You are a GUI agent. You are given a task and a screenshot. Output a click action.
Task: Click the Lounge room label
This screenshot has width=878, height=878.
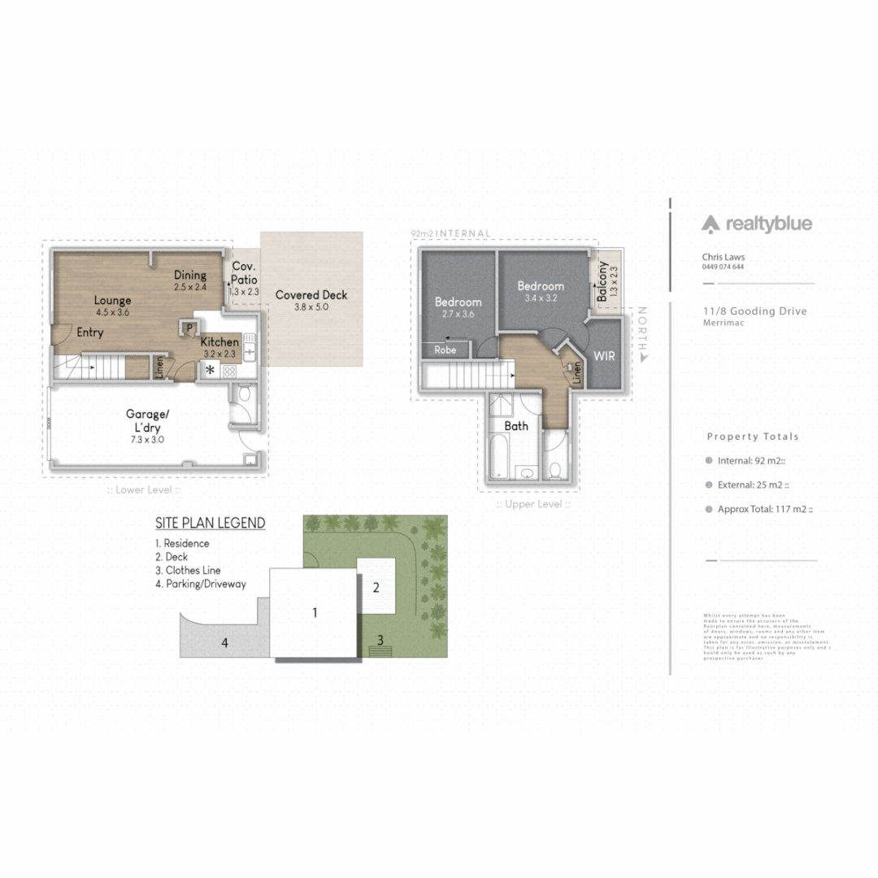[112, 301]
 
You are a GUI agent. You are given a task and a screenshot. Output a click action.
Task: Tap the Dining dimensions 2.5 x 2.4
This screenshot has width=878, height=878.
[190, 287]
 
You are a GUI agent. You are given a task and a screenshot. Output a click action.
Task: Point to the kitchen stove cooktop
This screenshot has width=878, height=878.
[229, 371]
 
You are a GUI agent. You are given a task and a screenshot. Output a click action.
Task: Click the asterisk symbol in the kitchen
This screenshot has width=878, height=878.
[210, 371]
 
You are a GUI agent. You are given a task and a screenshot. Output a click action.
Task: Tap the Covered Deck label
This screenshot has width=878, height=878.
[311, 295]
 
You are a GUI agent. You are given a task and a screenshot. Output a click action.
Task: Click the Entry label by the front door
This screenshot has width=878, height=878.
[90, 333]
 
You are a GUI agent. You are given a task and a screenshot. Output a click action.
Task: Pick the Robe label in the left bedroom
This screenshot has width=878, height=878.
[446, 350]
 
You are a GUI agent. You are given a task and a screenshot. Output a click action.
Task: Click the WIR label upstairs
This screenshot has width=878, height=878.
[604, 356]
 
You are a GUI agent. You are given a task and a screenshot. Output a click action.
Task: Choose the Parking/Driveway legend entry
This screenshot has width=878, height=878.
[200, 584]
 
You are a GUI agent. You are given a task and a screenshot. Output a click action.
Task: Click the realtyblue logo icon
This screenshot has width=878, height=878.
[711, 224]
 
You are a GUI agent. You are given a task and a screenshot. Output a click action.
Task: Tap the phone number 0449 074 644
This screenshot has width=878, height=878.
[723, 267]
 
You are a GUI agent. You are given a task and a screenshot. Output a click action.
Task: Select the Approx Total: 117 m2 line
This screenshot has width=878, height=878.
[764, 509]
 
